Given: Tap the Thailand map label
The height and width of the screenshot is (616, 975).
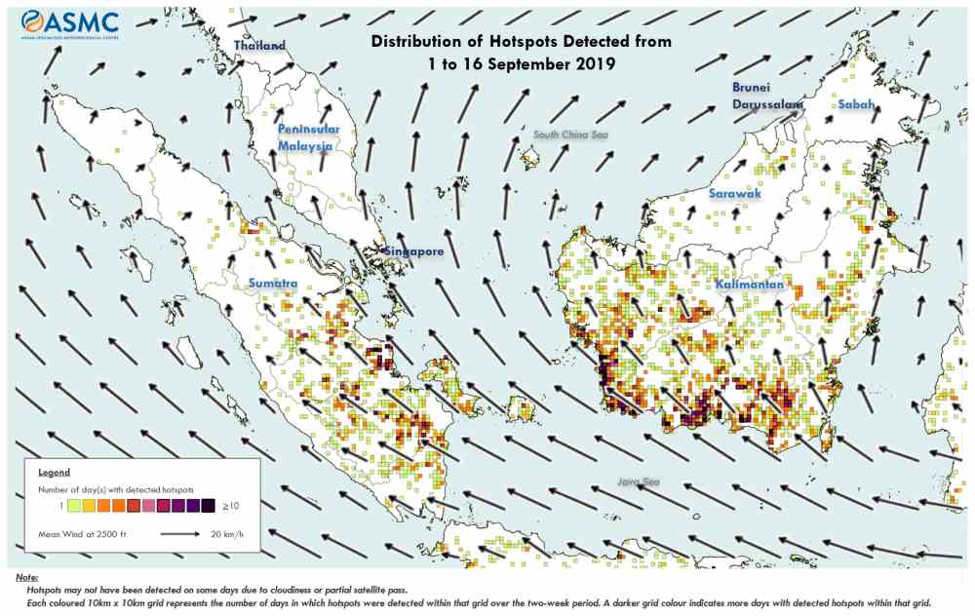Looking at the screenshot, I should pyautogui.click(x=259, y=46).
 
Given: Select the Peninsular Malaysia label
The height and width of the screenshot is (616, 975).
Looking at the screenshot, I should pyautogui.click(x=307, y=137).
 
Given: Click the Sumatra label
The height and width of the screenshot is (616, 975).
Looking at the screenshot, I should pyautogui.click(x=272, y=283).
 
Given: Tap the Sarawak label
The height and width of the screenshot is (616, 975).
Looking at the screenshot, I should pyautogui.click(x=734, y=195).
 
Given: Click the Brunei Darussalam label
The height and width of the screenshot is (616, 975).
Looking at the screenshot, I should pyautogui.click(x=766, y=96).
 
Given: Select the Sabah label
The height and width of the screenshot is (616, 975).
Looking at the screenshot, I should pyautogui.click(x=855, y=104).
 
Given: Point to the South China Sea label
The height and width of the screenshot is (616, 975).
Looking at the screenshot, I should pyautogui.click(x=570, y=134).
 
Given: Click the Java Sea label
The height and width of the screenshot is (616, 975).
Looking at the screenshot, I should pyautogui.click(x=638, y=481).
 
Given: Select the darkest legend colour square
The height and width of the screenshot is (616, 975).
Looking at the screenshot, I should pyautogui.click(x=209, y=505).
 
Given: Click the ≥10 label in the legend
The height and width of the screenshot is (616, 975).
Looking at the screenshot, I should pyautogui.click(x=231, y=505).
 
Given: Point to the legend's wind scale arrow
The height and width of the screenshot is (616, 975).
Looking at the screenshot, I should pyautogui.click(x=187, y=533).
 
